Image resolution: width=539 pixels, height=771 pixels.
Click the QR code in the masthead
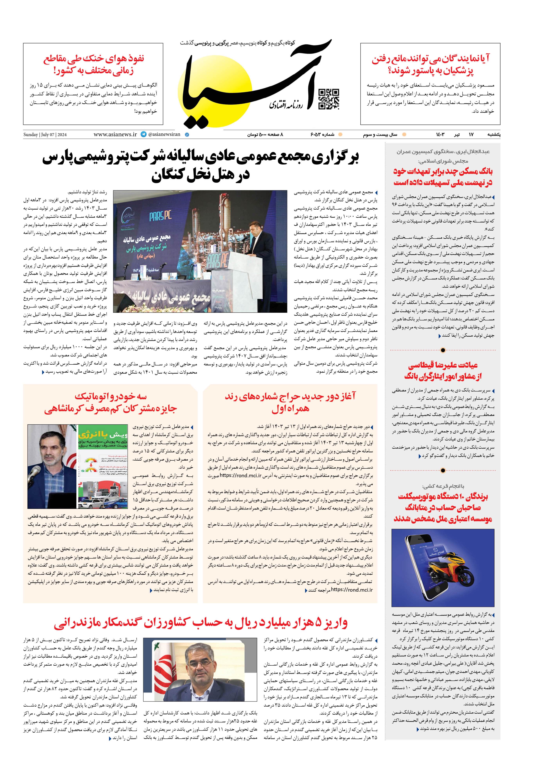(x=328, y=99)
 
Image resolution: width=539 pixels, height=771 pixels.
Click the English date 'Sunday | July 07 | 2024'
(x=45, y=135)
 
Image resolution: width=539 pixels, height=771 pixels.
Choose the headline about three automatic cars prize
(x=111, y=402)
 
